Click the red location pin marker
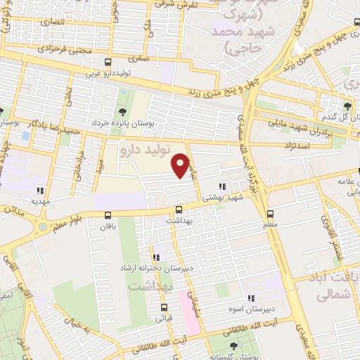pos(182,165)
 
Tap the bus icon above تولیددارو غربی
pos(107,62)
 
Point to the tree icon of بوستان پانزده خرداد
pos(123,111)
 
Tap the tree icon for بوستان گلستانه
pos(233,346)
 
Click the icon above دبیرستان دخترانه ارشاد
pos(156,257)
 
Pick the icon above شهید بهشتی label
pos(222,187)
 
